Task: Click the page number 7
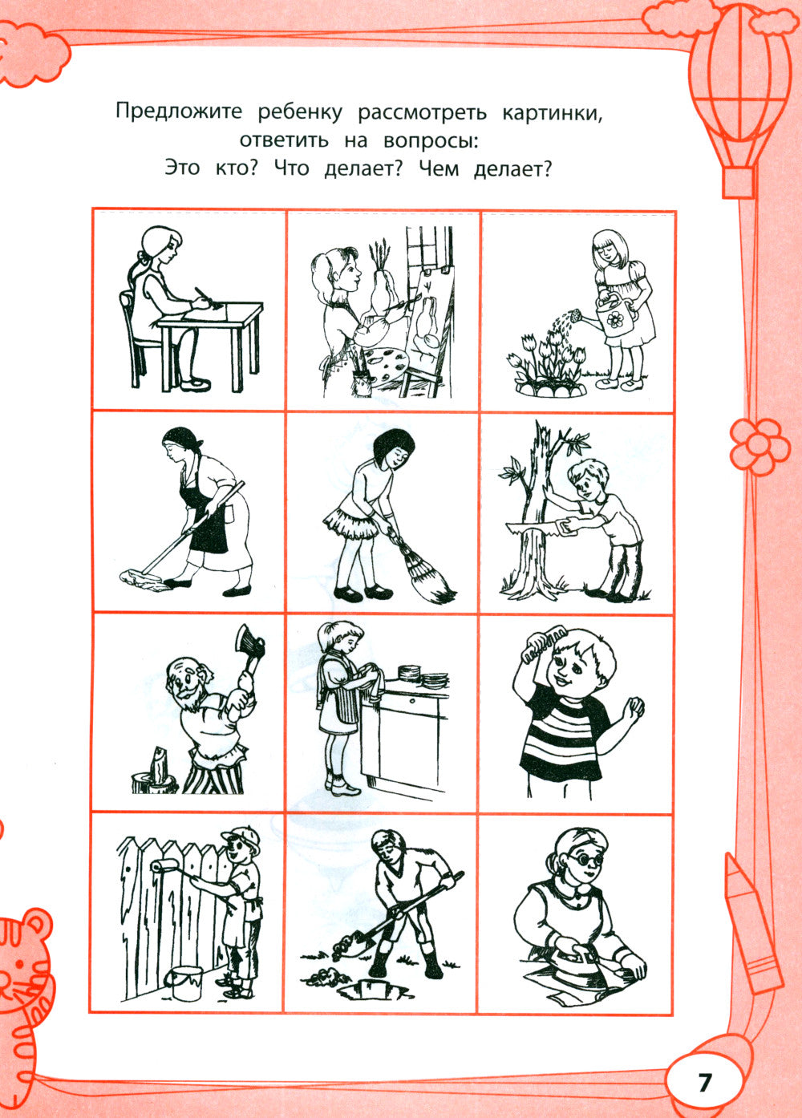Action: pos(704,1082)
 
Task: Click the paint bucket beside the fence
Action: pos(184,982)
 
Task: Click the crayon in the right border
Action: pos(751,922)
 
